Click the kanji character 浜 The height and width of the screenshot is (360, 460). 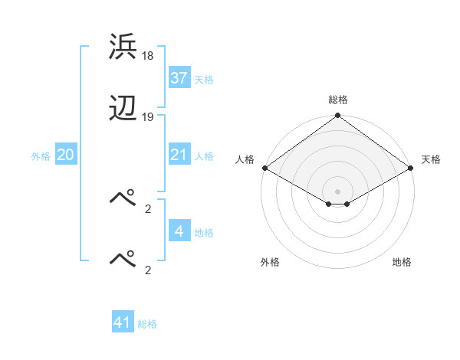click(x=123, y=47)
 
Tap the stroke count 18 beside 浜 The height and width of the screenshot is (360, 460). click(x=148, y=55)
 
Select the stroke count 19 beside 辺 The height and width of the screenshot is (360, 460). click(x=148, y=117)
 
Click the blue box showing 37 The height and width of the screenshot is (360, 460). click(x=179, y=78)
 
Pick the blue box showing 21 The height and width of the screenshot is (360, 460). click(x=179, y=155)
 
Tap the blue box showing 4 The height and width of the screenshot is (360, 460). click(x=179, y=231)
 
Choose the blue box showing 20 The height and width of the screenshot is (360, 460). click(x=66, y=155)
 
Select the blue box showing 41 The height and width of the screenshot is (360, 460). click(x=123, y=323)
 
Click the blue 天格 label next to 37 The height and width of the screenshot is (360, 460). click(x=204, y=80)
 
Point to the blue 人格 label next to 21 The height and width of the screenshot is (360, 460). click(x=204, y=156)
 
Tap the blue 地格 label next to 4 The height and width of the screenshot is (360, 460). click(x=204, y=233)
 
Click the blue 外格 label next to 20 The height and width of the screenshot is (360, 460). click(x=41, y=156)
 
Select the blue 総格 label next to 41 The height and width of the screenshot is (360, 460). click(x=147, y=325)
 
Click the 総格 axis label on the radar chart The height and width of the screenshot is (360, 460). click(x=338, y=100)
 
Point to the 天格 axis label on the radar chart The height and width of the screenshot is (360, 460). click(x=431, y=159)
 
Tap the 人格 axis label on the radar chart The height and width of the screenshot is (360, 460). click(x=245, y=159)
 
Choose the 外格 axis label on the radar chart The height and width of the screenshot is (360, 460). click(x=270, y=262)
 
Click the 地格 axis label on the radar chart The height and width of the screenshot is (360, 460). click(x=402, y=262)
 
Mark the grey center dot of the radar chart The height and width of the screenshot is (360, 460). click(x=338, y=190)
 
